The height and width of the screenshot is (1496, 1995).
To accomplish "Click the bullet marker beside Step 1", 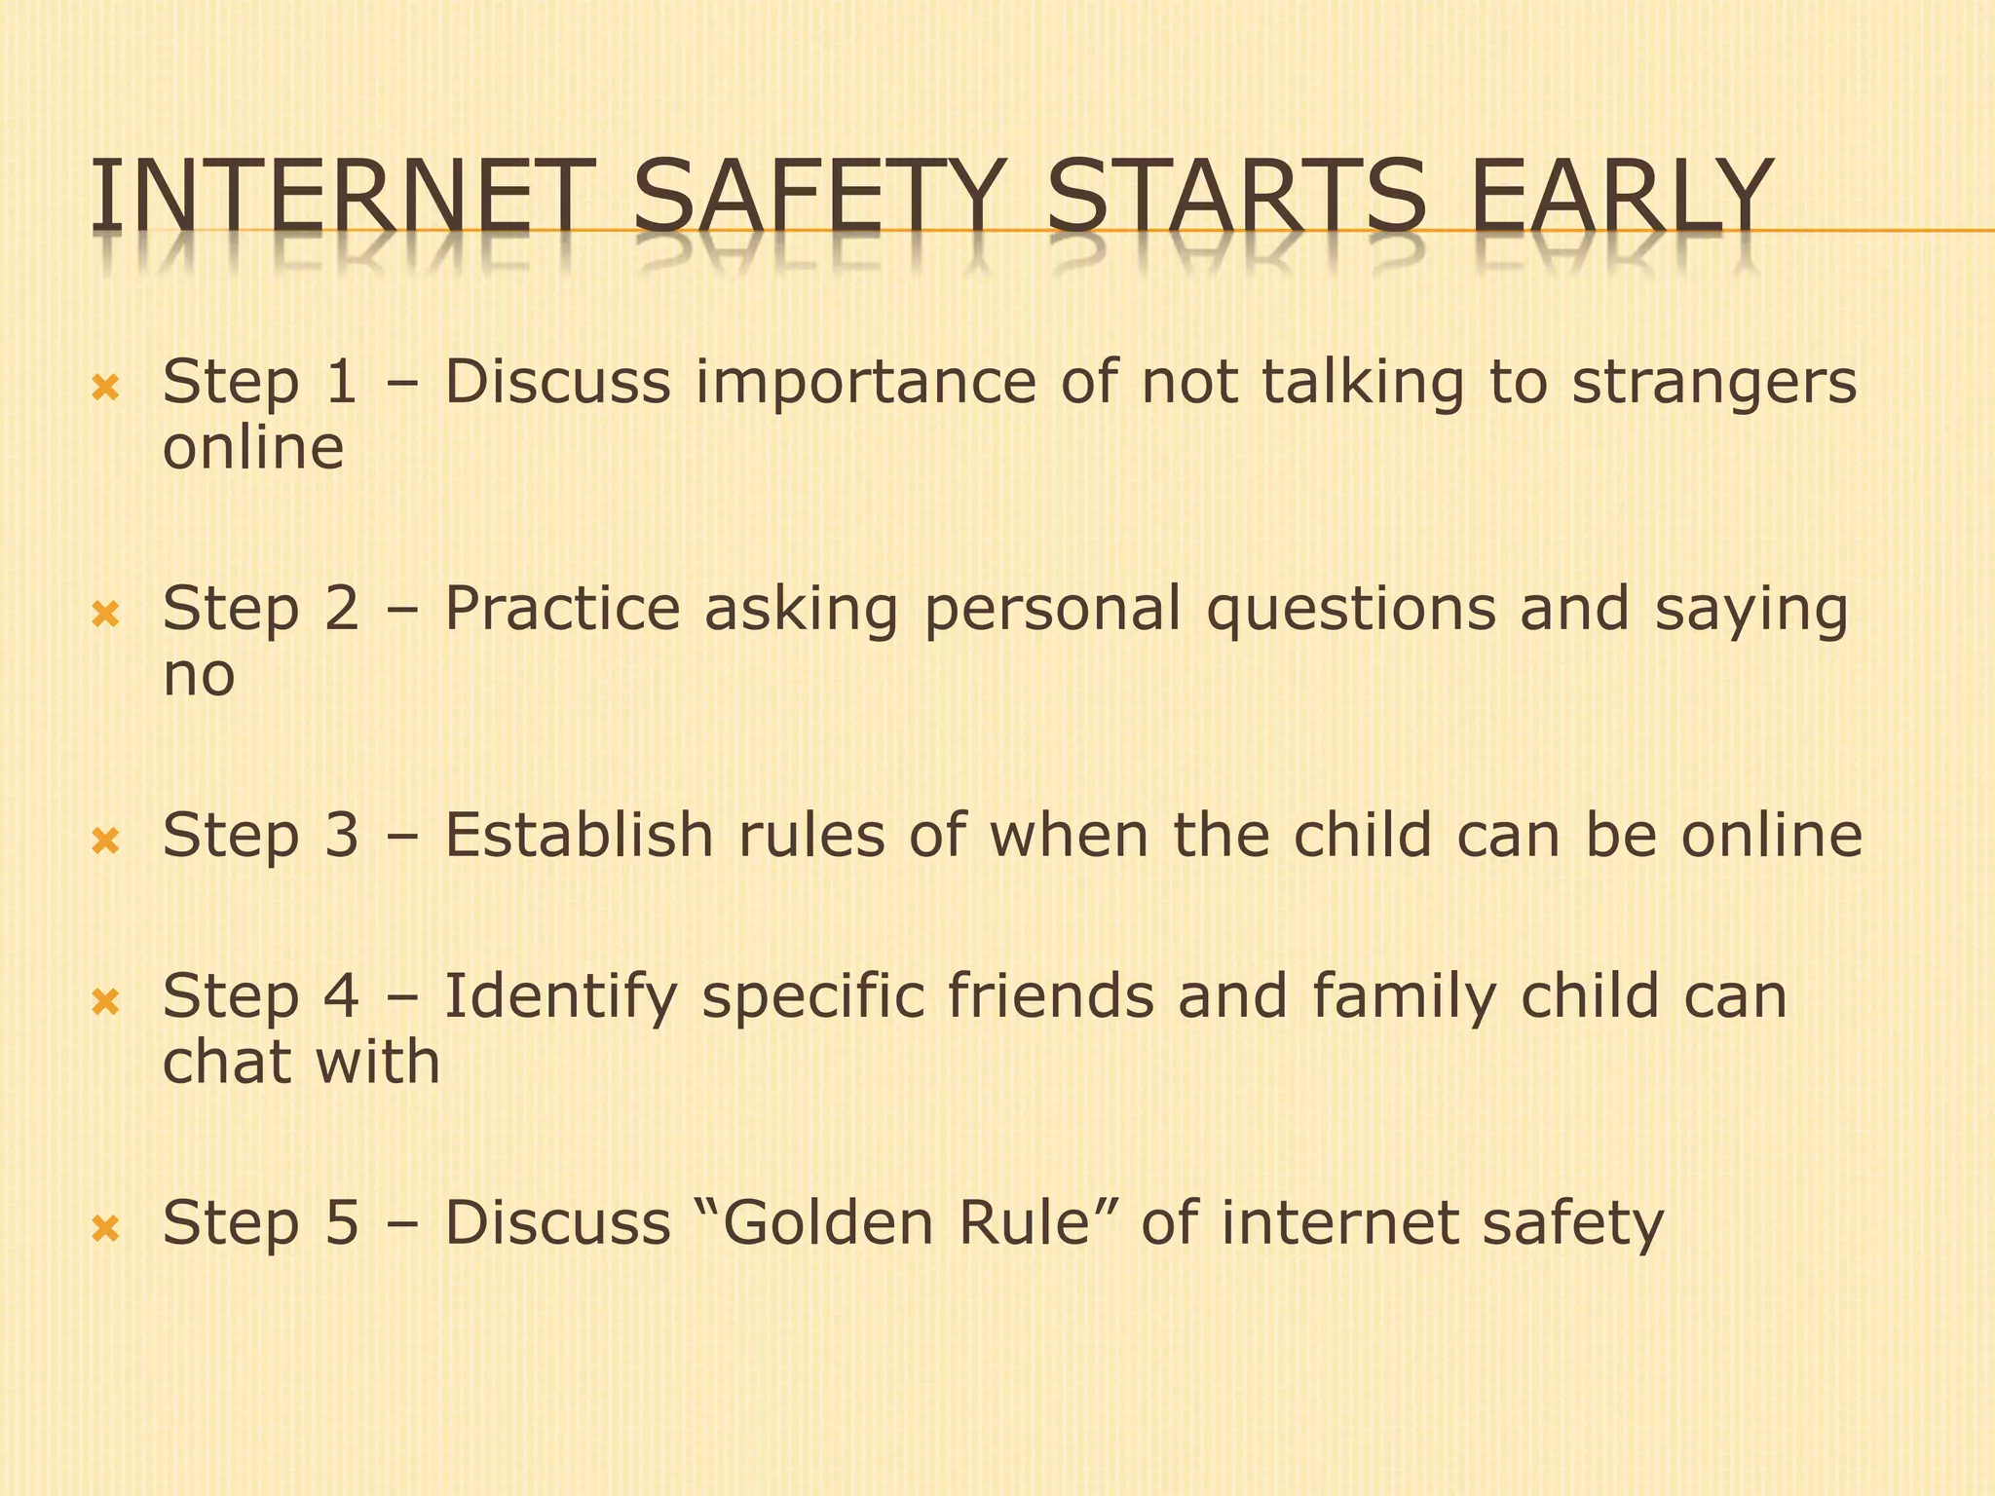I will pyautogui.click(x=105, y=390).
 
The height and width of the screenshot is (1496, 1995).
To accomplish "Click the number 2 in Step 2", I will pyautogui.click(x=340, y=609).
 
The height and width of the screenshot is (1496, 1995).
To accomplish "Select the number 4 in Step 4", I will pyautogui.click(x=340, y=996).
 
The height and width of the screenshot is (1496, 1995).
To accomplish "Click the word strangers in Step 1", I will pyautogui.click(x=1714, y=383).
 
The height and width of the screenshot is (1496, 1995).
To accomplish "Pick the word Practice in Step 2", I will pyautogui.click(x=562, y=609).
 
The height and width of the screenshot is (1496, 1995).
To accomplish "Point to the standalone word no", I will pyautogui.click(x=199, y=676).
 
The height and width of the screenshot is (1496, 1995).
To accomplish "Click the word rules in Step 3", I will pyautogui.click(x=811, y=836).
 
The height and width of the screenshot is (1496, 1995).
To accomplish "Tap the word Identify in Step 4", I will pyautogui.click(x=560, y=998).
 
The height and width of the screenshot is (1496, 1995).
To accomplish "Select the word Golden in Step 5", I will pyautogui.click(x=827, y=1223).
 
